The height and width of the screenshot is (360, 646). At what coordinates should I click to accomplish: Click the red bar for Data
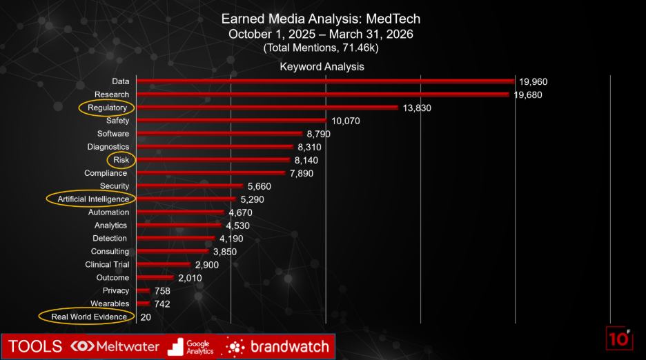(x=326, y=81)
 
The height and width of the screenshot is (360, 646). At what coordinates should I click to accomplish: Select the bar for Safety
(x=231, y=121)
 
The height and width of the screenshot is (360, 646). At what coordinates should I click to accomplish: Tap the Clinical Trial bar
(x=164, y=264)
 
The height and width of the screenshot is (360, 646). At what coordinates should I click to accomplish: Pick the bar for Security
(x=190, y=186)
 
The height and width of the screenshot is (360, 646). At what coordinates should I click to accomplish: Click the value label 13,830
(x=417, y=108)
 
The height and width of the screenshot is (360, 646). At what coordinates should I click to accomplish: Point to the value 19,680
(x=528, y=94)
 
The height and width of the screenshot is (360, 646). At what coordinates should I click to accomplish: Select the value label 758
(x=162, y=291)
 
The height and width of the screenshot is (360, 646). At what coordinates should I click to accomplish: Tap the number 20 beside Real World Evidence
(x=146, y=317)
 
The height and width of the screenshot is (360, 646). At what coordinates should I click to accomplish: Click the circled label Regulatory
(x=107, y=108)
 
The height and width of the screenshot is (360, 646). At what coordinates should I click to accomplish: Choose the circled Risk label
(x=121, y=160)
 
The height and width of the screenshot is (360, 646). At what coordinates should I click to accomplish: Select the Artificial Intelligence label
(x=93, y=199)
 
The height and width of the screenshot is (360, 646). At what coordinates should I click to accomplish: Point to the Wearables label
(x=110, y=303)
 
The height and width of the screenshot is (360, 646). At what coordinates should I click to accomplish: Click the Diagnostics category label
(x=108, y=147)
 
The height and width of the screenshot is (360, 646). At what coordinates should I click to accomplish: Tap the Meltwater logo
(x=115, y=346)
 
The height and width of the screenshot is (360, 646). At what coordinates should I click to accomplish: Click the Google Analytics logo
(x=190, y=347)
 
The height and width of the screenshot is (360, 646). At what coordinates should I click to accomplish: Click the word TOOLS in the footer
(x=35, y=346)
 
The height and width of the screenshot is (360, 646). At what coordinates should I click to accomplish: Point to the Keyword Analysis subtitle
(x=322, y=67)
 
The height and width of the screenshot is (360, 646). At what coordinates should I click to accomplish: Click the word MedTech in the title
(x=393, y=19)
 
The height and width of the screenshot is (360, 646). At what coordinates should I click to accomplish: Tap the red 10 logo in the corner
(x=619, y=339)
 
